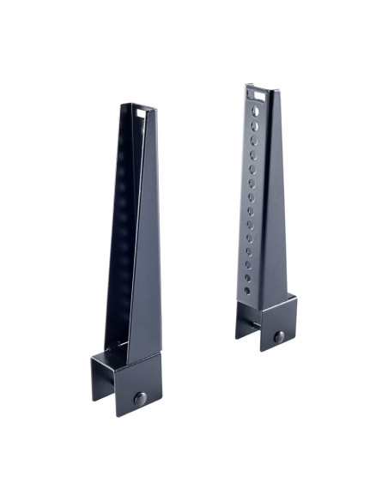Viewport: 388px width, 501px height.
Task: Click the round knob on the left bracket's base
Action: tap(140, 399)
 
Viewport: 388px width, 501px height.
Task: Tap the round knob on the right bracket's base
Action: tap(279, 337)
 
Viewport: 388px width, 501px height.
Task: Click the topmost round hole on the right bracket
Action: tap(253, 111)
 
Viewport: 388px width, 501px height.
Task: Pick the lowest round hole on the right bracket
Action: tap(247, 291)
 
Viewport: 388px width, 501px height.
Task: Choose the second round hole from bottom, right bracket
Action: tap(247, 277)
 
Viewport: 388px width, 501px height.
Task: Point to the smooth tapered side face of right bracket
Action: tap(276, 214)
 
